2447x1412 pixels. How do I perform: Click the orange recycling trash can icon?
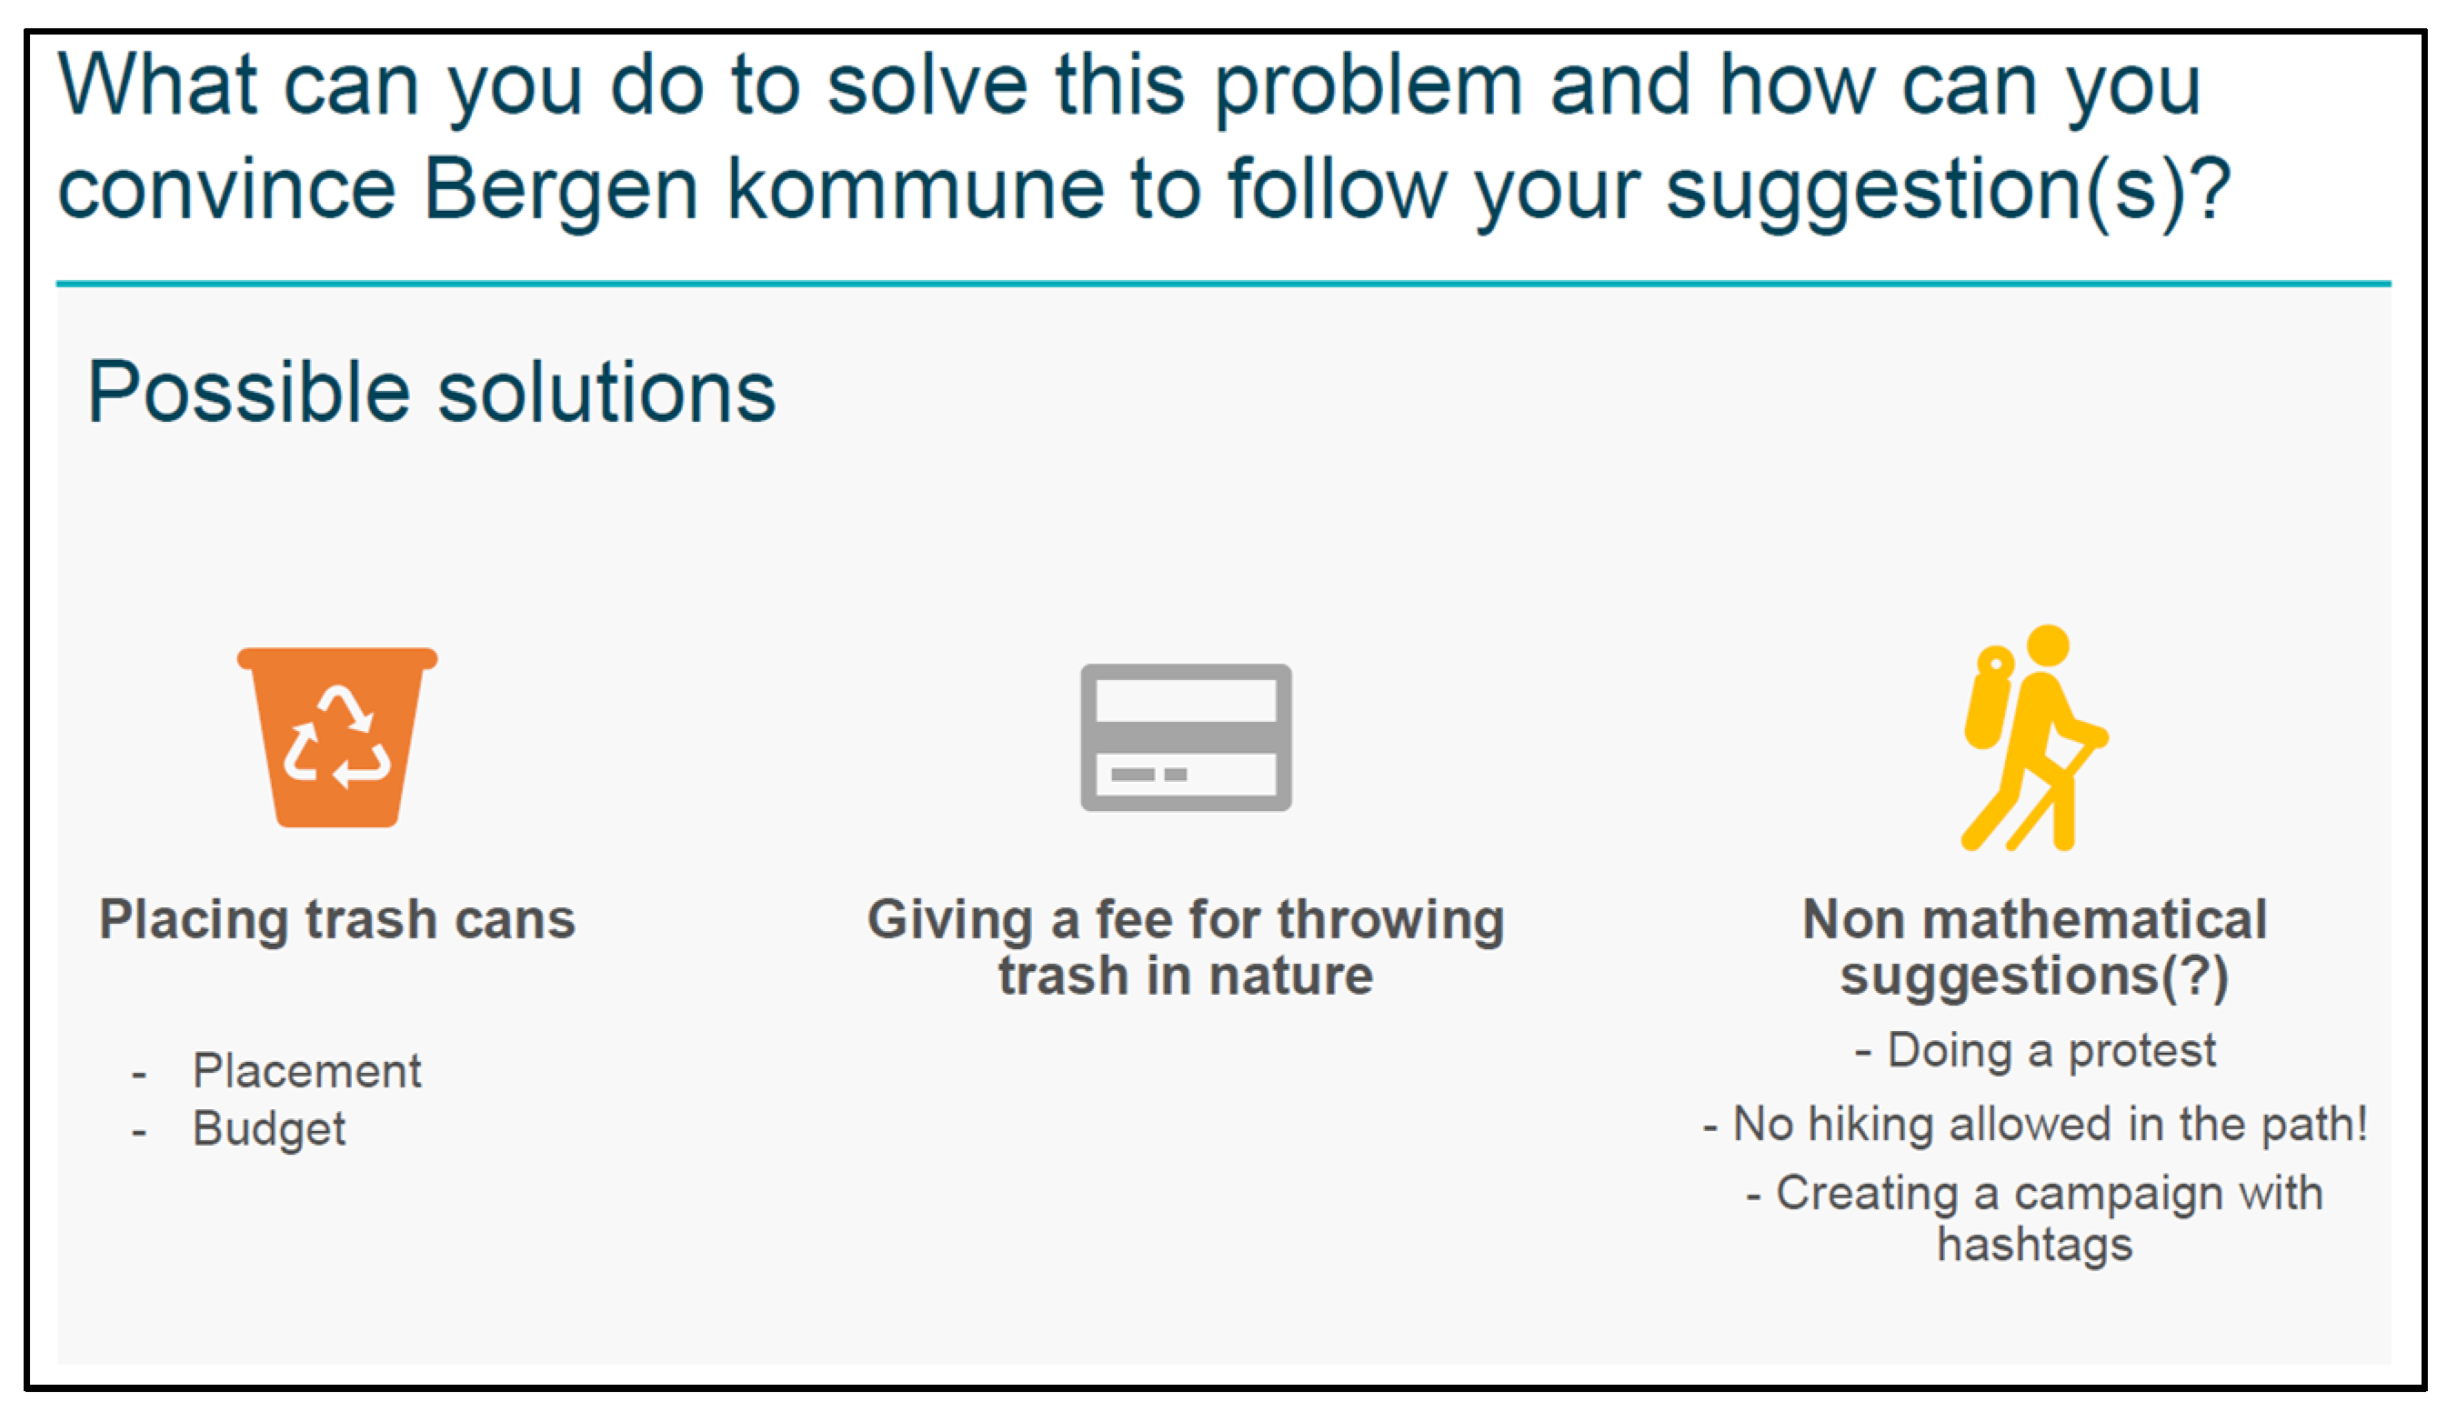(336, 737)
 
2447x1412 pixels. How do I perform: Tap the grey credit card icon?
(1185, 737)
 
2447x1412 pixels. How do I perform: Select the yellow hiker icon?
(2035, 738)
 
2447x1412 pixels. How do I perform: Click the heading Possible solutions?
(432, 392)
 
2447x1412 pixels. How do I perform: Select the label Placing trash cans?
(337, 918)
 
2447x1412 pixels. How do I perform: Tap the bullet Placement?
(306, 1071)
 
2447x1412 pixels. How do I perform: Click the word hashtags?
(2035, 1244)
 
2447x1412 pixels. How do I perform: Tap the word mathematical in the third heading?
(2095, 919)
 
